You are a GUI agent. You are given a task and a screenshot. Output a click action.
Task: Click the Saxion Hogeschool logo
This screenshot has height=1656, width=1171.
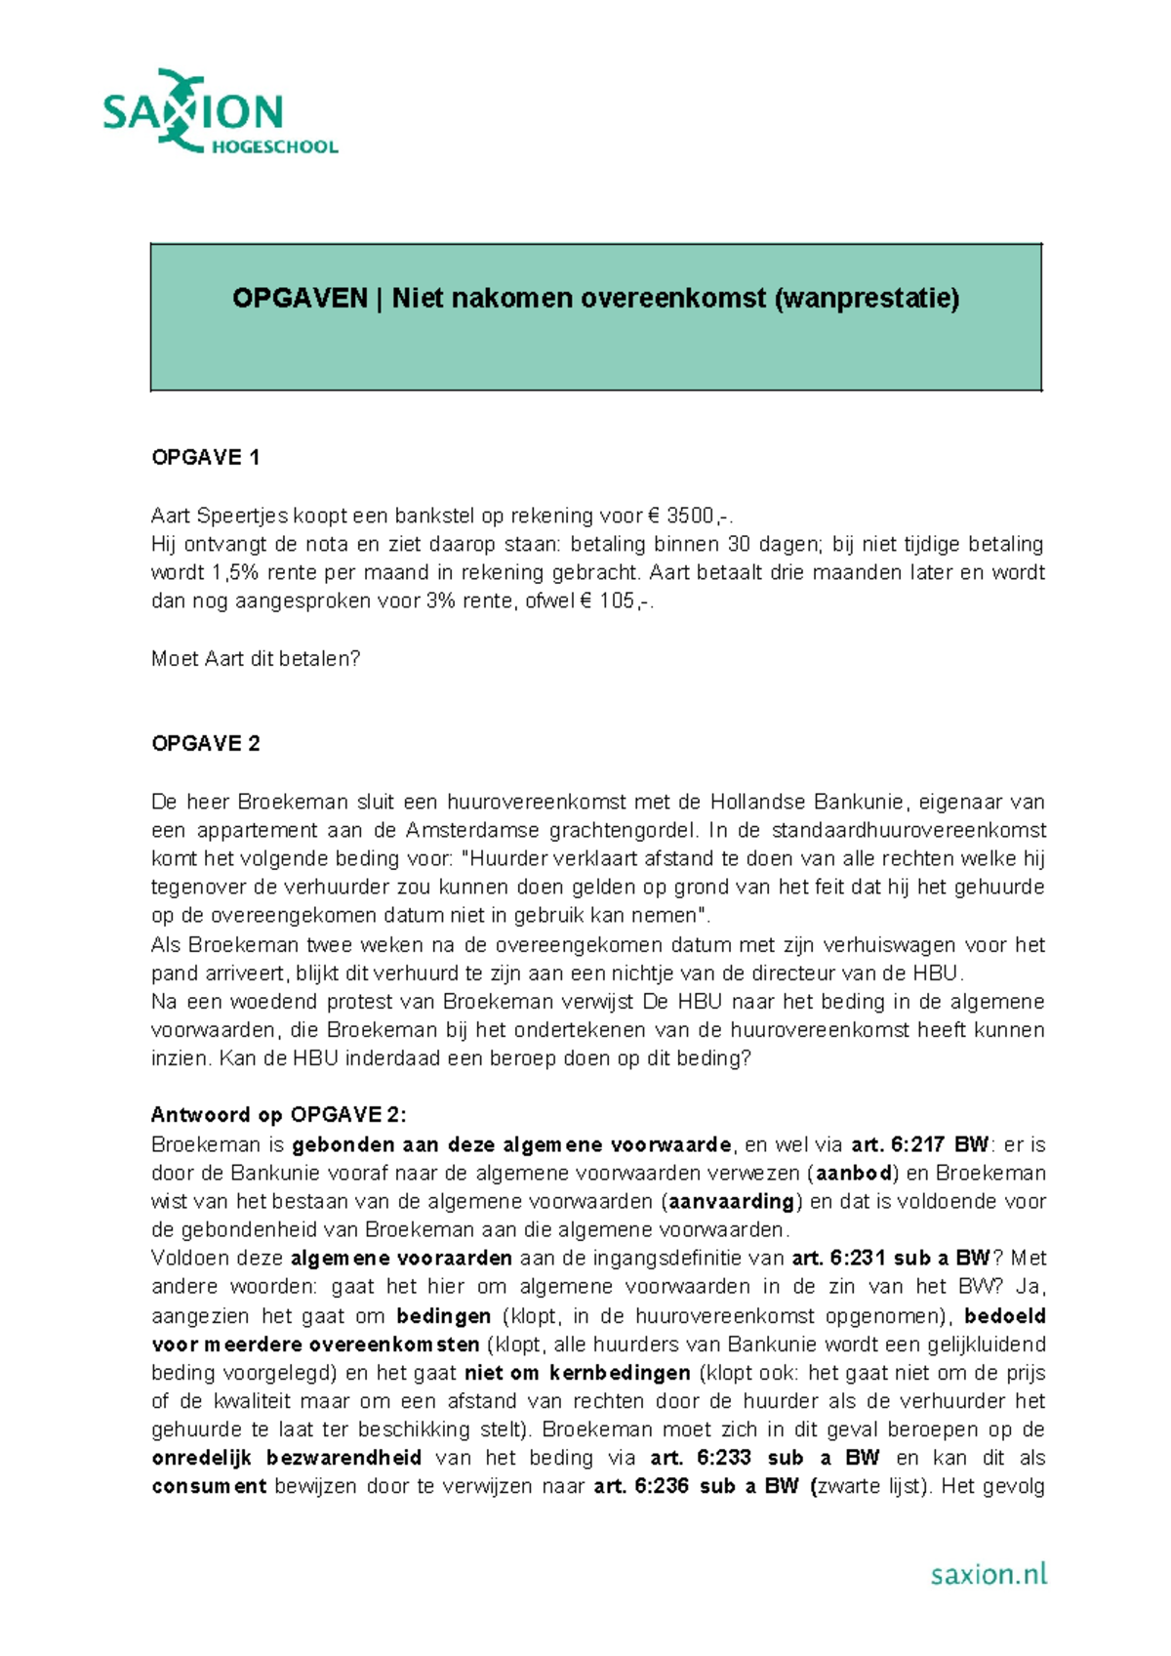[x=220, y=112]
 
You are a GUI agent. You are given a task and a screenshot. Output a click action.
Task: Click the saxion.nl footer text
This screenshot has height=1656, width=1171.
[x=988, y=1573]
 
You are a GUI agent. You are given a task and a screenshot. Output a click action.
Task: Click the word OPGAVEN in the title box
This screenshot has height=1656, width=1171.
[x=299, y=298]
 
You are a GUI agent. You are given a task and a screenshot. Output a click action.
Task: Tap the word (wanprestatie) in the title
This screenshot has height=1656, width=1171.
[x=867, y=298]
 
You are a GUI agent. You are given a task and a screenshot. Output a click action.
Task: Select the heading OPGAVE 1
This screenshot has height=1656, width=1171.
[x=205, y=457]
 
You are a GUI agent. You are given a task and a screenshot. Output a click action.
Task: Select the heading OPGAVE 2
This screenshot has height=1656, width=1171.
[x=205, y=744]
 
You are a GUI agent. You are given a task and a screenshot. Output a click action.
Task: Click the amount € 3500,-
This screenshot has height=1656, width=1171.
[x=690, y=516]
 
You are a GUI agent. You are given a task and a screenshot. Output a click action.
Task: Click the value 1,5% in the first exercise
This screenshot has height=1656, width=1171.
[x=235, y=573]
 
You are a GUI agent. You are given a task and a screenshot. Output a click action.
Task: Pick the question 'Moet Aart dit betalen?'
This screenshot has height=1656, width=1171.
[x=256, y=659]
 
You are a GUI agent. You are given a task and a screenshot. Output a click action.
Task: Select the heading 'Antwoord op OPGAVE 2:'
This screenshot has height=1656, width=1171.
[x=278, y=1115]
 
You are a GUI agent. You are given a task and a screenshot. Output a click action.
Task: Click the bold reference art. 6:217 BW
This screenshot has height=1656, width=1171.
[x=919, y=1144]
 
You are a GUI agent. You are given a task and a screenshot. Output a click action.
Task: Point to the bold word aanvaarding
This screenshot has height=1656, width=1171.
[x=731, y=1201]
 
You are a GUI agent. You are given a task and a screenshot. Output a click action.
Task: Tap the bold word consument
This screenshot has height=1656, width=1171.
[x=209, y=1487]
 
